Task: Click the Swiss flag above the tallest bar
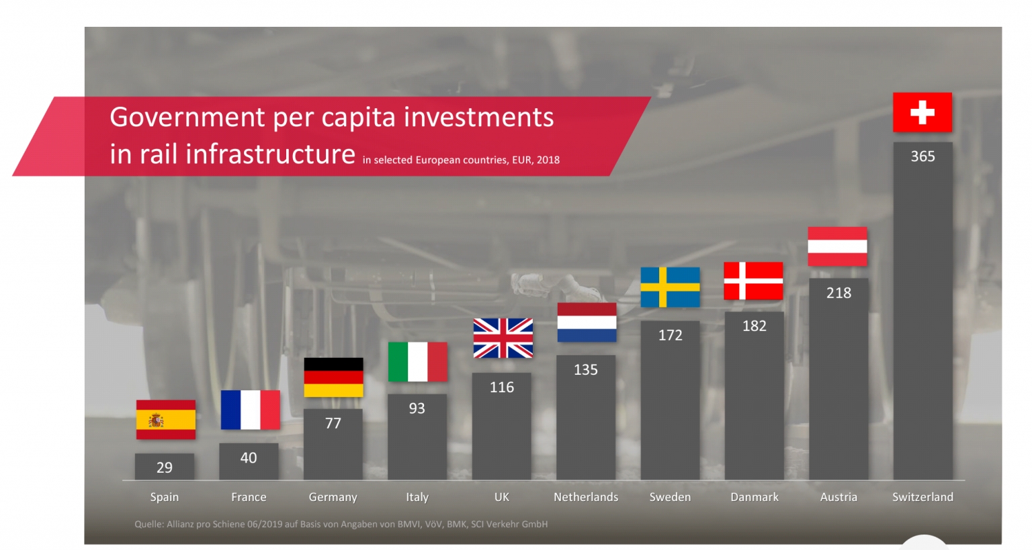922,112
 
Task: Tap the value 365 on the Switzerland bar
922,156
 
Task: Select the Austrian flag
837,246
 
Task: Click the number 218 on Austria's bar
838,293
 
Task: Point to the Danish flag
753,281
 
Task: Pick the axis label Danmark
754,497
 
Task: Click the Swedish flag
670,287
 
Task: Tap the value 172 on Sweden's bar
670,335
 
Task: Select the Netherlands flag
587,322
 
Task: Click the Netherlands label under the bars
585,497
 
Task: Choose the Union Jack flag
503,338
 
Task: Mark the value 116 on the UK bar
502,387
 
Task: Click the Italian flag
417,362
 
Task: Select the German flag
333,377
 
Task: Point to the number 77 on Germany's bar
333,424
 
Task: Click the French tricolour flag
250,410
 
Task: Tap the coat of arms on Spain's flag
156,420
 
